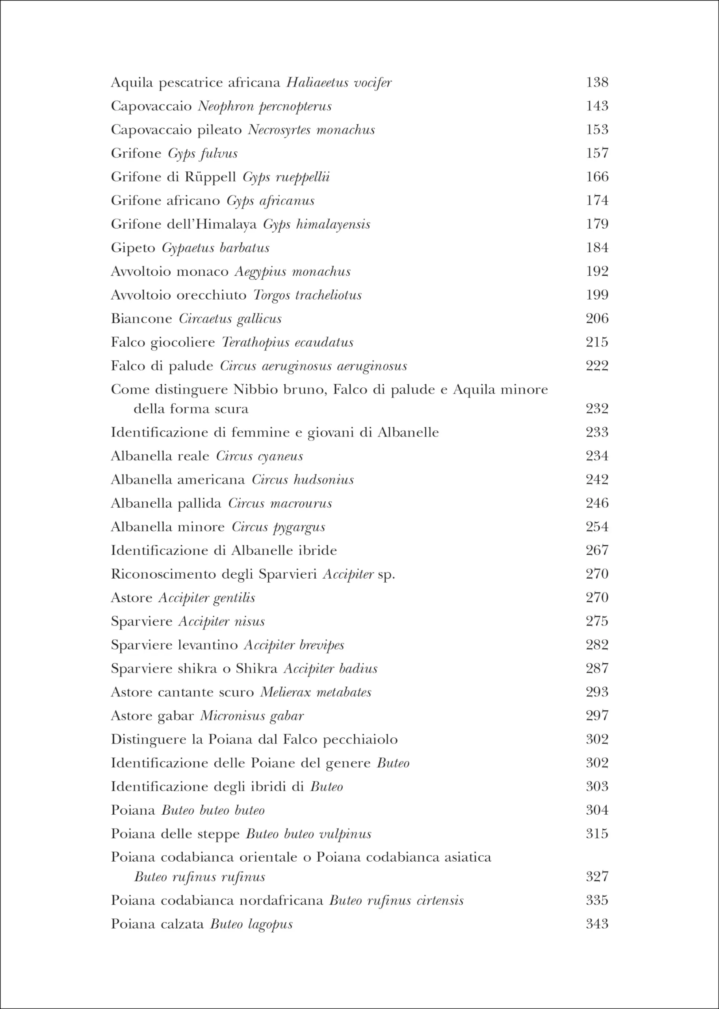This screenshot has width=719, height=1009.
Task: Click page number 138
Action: pos(597,82)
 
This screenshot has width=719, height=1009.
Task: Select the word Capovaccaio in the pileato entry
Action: pos(151,130)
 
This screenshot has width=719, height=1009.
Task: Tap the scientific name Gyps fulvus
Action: pos(203,153)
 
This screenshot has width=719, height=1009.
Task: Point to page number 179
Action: pos(597,224)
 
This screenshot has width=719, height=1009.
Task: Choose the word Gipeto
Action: pos(133,248)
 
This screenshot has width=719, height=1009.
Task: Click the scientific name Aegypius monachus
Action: pos(293,272)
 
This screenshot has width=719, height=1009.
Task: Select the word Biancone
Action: pos(141,318)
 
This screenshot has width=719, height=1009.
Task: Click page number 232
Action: pos(597,408)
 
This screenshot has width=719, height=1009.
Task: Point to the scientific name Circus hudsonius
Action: pos(303,480)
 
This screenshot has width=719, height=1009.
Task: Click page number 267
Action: pos(597,550)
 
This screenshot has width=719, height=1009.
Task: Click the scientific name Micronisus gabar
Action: pos(252,716)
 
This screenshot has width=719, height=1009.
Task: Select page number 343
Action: pos(597,924)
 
